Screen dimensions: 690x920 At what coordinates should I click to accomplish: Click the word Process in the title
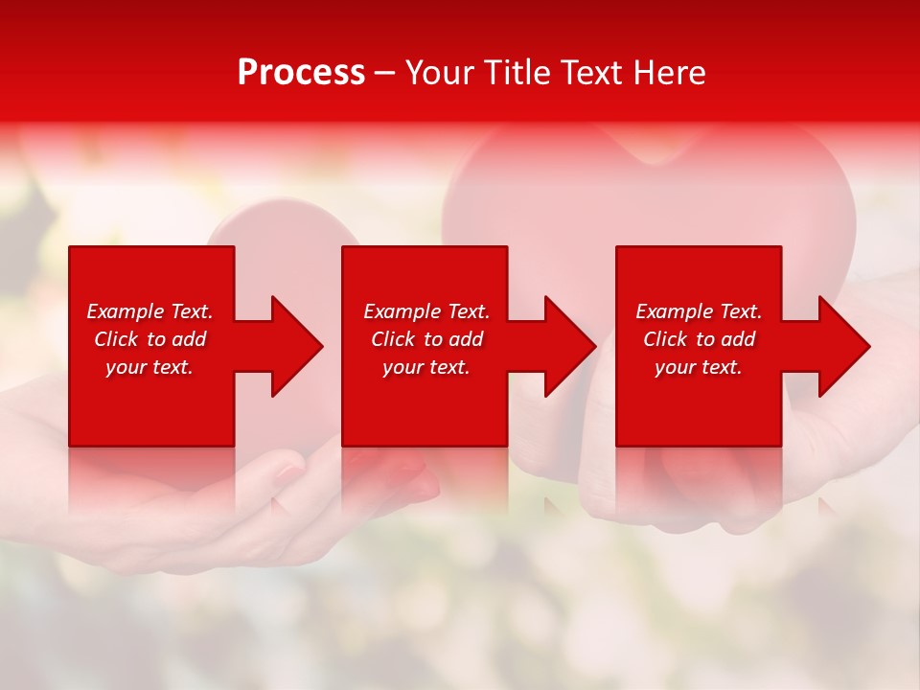[301, 73]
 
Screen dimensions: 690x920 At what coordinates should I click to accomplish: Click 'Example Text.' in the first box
[149, 311]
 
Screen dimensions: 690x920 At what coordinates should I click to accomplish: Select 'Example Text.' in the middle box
[426, 311]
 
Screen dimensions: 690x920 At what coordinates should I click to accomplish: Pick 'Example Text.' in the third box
[699, 311]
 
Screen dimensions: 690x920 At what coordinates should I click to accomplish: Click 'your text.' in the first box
[149, 367]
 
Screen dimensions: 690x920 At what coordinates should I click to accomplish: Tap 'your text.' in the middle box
[426, 367]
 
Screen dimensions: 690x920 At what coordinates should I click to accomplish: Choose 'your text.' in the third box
[699, 367]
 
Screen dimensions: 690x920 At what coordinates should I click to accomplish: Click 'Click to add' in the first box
[149, 339]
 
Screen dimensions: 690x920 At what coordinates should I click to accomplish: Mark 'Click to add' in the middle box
[426, 339]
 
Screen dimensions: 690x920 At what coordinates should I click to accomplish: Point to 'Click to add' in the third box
[699, 339]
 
